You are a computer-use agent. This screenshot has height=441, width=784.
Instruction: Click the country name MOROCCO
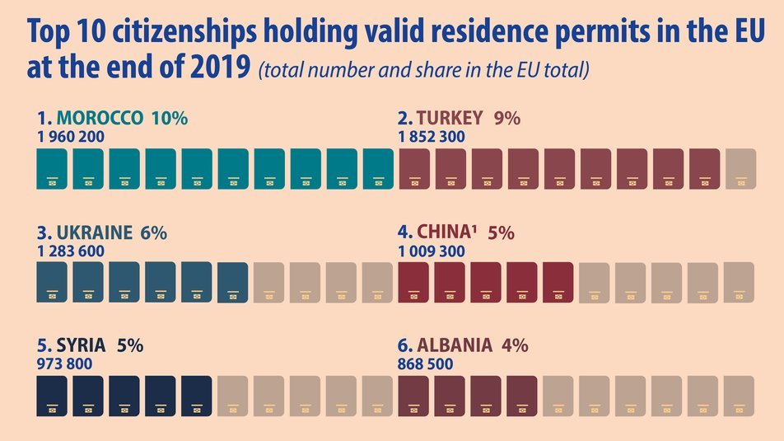(100, 118)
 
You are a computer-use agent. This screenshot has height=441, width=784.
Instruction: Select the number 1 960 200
(71, 136)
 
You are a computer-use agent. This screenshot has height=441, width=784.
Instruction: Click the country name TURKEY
(450, 118)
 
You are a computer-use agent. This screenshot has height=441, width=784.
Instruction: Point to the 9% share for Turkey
(507, 118)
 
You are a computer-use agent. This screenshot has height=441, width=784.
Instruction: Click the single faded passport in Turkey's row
(741, 169)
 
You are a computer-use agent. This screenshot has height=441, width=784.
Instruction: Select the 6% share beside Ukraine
(154, 232)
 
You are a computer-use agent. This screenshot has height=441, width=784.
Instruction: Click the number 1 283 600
(71, 251)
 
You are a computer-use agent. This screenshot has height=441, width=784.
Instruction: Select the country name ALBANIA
(455, 345)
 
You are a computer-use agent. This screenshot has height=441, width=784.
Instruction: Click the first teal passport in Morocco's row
(52, 169)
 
